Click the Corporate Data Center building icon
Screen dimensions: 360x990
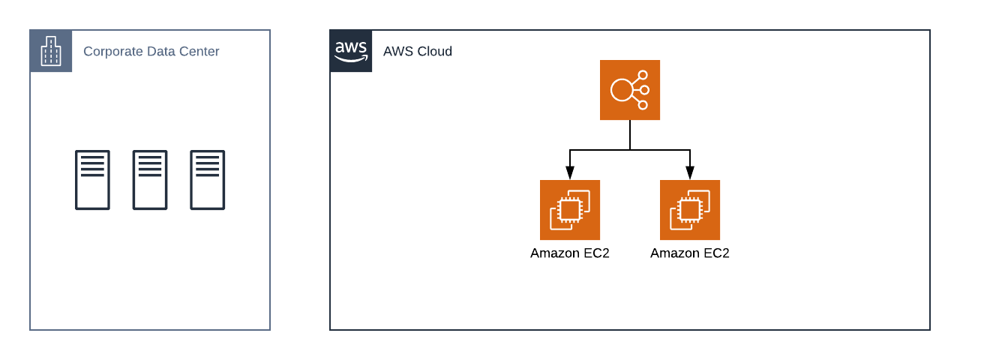(51, 51)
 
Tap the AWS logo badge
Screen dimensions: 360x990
(351, 51)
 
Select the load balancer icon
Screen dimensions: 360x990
(630, 90)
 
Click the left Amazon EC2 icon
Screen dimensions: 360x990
(570, 210)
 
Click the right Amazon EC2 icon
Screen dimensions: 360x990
(690, 210)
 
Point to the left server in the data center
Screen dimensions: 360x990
(92, 180)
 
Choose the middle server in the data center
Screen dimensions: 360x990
(150, 180)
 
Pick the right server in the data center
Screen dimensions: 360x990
(208, 180)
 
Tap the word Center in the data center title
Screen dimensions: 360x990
(199, 52)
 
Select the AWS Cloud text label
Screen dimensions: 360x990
(418, 52)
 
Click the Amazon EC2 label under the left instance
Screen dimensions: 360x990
(570, 253)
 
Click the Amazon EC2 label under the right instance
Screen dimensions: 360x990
(690, 253)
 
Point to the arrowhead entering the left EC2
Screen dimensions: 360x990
(570, 173)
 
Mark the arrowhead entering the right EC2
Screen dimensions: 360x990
(690, 173)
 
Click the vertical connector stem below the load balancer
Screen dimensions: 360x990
(630, 135)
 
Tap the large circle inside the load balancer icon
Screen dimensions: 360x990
(622, 90)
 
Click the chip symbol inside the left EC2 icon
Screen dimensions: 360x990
(570, 210)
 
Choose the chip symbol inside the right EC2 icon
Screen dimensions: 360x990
(690, 210)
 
